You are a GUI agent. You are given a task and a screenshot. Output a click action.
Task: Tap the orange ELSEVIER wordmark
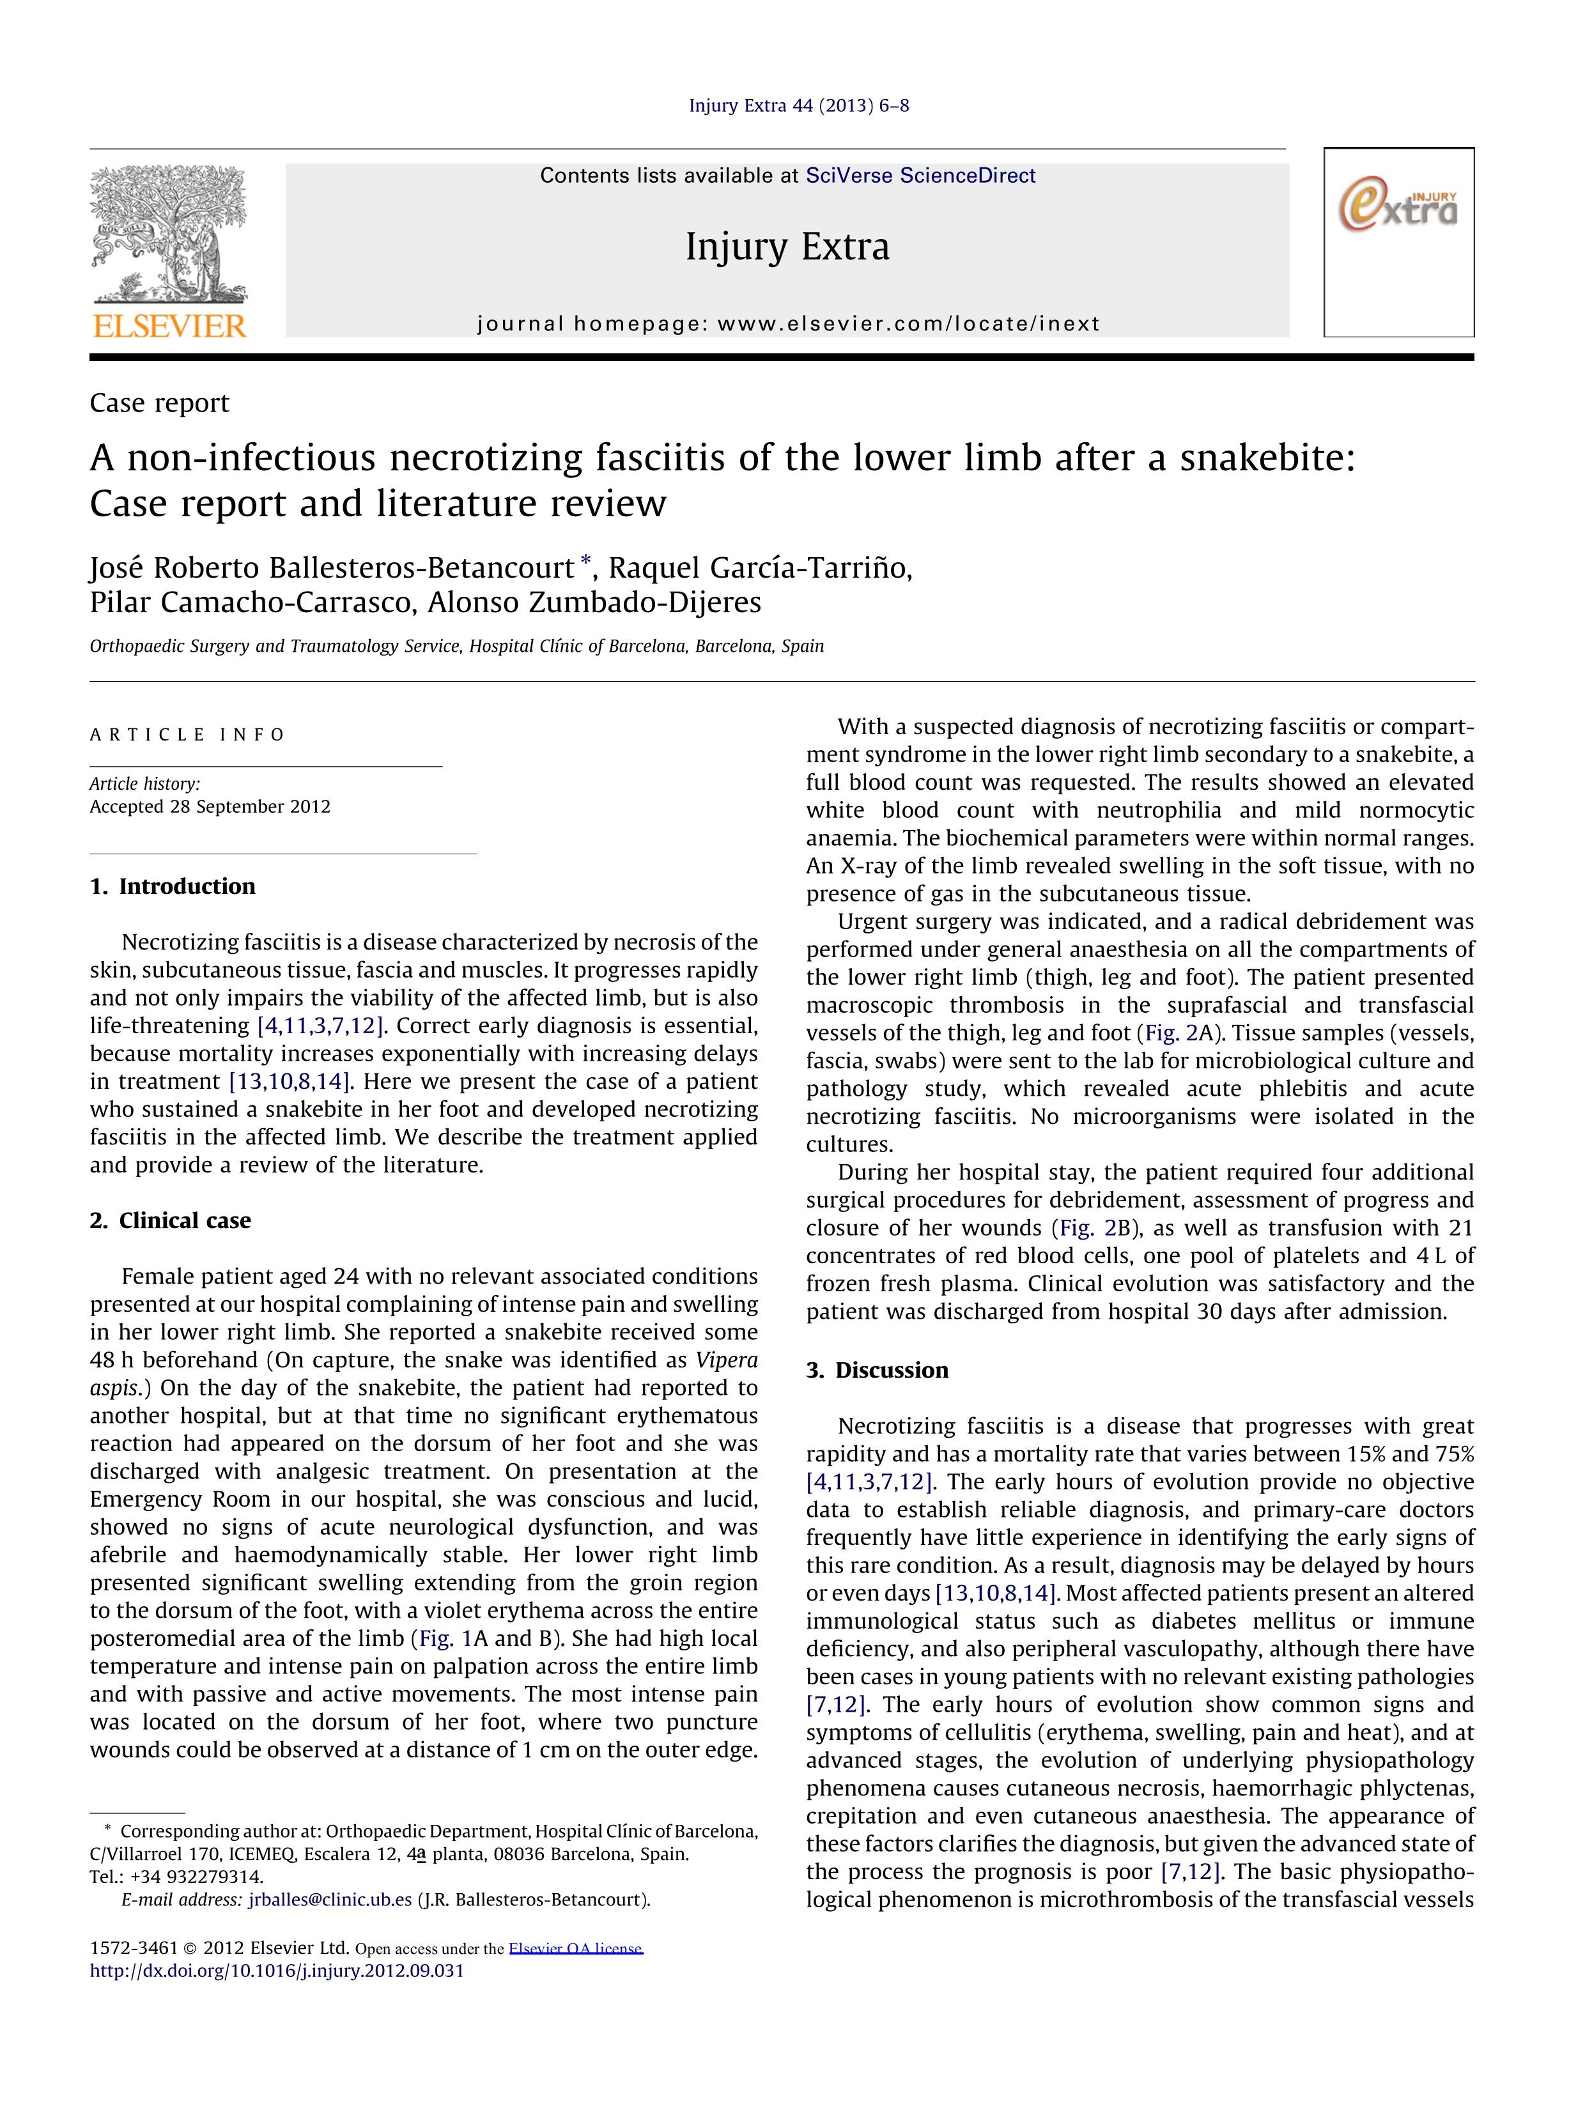(170, 327)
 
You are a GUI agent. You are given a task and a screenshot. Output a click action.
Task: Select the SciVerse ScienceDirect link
(920, 176)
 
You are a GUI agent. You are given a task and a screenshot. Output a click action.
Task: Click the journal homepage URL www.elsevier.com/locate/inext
(909, 324)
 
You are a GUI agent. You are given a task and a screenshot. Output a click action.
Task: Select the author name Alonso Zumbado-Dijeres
(594, 603)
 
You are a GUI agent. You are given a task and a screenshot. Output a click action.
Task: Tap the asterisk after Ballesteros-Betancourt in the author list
(585, 562)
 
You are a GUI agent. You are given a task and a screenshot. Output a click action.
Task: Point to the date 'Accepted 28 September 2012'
(210, 806)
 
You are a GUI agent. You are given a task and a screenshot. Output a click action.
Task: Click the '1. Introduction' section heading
(173, 886)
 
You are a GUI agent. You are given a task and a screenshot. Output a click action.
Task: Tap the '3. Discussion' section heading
(877, 1371)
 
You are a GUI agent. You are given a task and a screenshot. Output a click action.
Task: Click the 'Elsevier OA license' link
(575, 1949)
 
